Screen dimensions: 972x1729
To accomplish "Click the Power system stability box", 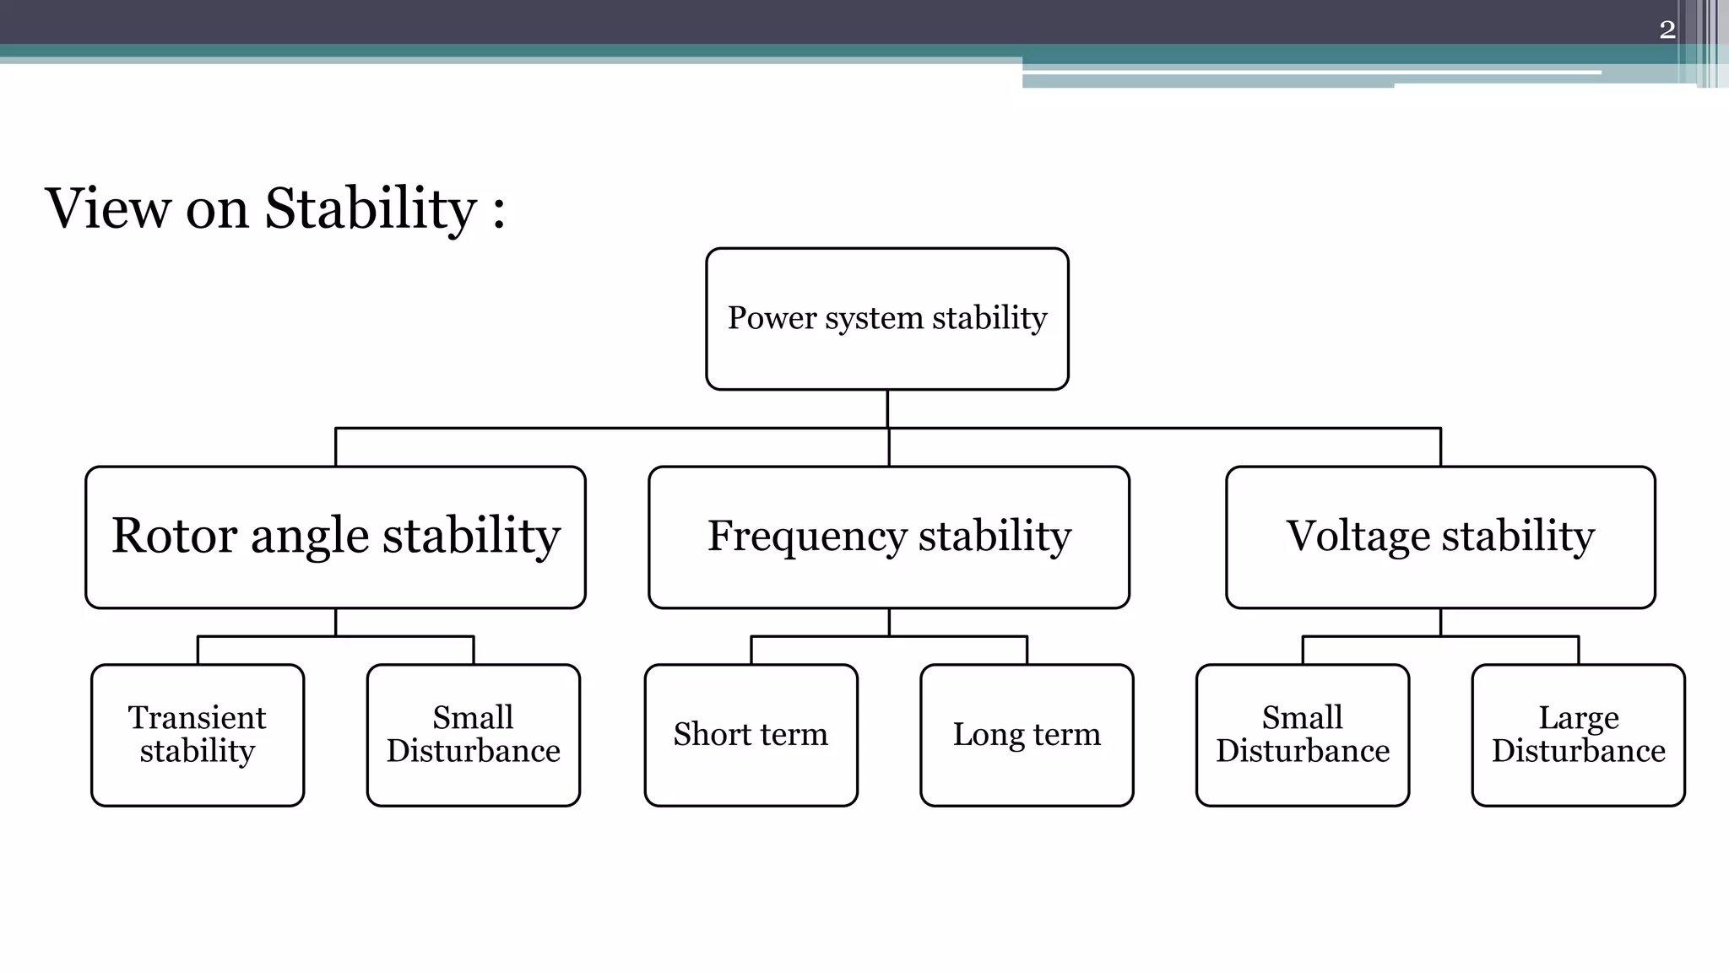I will coord(887,319).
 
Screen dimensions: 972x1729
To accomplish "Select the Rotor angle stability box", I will coord(335,537).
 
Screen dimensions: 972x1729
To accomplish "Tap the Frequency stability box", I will coord(889,537).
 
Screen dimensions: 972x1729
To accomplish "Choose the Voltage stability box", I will coord(1440,537).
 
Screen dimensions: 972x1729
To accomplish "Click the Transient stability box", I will coord(198,735).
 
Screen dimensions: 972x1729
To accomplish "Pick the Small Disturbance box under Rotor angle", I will coord(474,735).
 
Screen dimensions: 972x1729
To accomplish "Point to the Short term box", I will coord(751,735).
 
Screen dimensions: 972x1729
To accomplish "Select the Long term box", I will coord(1027,735).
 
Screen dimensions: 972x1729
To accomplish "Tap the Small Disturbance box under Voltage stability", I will coord(1303,735).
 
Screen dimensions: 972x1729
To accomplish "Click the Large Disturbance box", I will coord(1578,735).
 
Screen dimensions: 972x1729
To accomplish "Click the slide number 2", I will coord(1667,30).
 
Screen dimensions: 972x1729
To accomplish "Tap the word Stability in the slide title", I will coord(371,208).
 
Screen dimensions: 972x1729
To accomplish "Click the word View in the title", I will coord(107,208).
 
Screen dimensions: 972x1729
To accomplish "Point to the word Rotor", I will coord(174,536).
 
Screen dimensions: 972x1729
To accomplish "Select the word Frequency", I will coord(807,536).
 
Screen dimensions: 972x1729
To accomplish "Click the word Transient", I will coord(197,718).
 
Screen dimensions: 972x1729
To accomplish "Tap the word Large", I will coord(1578,718).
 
